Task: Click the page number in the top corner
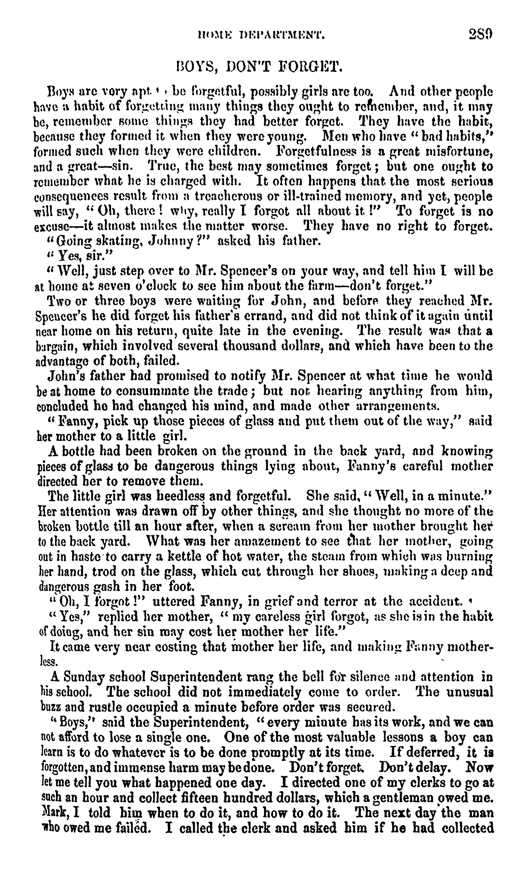click(481, 34)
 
